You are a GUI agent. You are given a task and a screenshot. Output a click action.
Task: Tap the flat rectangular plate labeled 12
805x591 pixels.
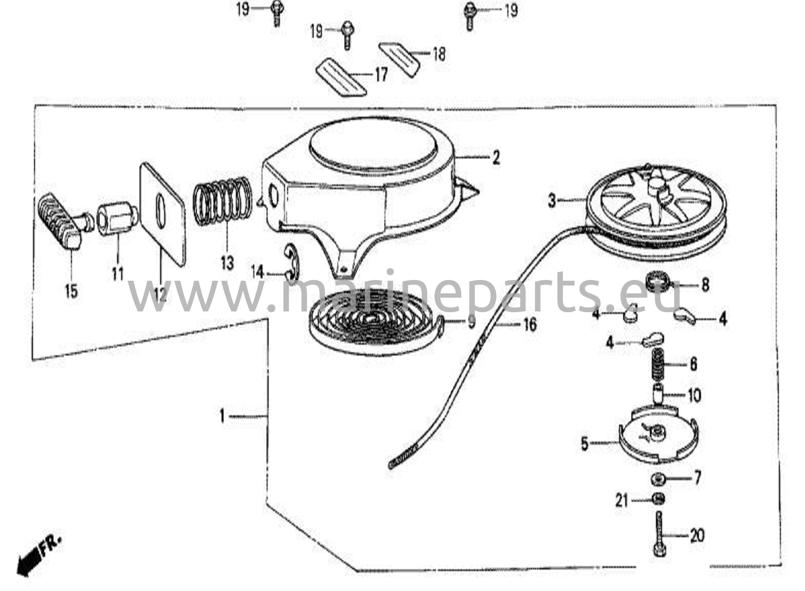tap(163, 215)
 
